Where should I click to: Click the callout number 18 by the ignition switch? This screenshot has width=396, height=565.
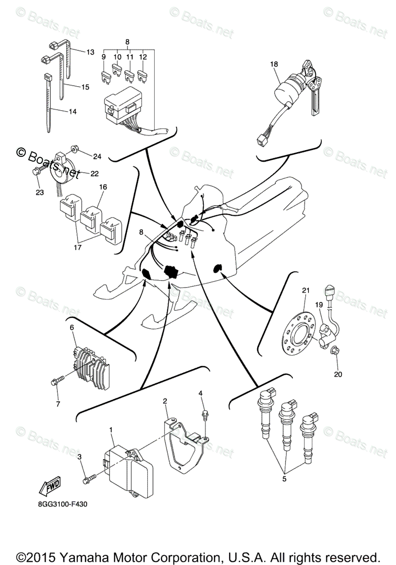[274, 65]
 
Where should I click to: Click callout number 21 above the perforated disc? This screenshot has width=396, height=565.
[305, 291]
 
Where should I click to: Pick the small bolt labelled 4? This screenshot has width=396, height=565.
[205, 414]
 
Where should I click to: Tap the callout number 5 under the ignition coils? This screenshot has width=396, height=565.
[283, 479]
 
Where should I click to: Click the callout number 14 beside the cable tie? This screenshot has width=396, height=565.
[72, 112]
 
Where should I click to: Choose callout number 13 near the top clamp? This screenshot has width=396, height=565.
[90, 52]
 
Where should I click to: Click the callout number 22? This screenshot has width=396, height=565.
[94, 174]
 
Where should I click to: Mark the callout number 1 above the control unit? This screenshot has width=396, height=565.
[111, 430]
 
